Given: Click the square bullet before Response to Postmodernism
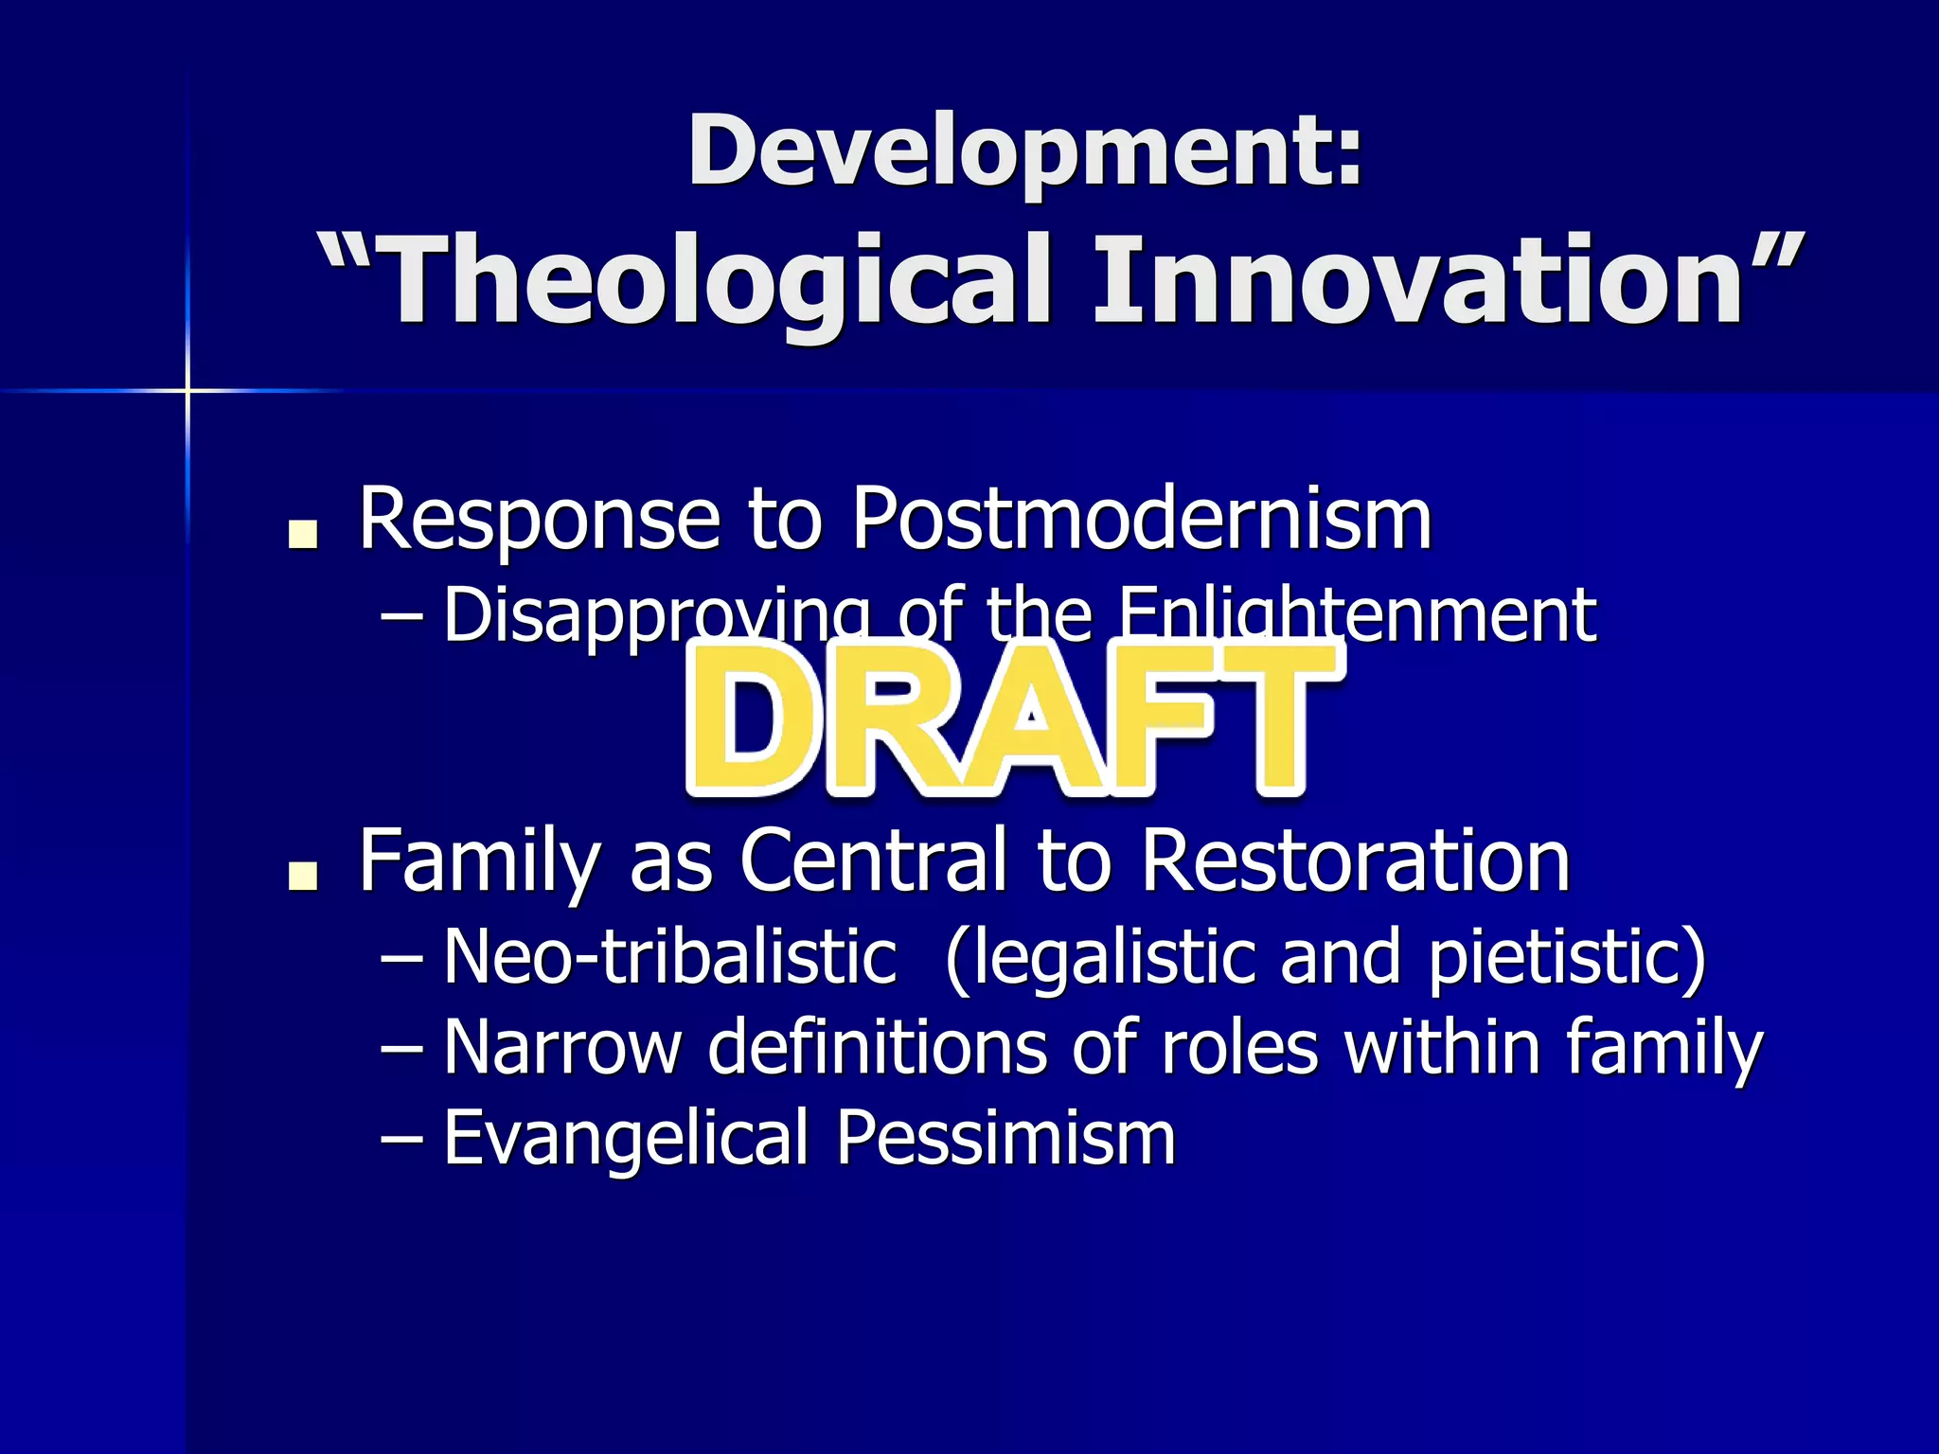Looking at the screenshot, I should click(304, 536).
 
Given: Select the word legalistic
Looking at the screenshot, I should click(1112, 958).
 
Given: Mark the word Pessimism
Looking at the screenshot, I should click(1005, 1138).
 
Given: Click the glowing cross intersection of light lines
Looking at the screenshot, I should click(187, 390).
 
